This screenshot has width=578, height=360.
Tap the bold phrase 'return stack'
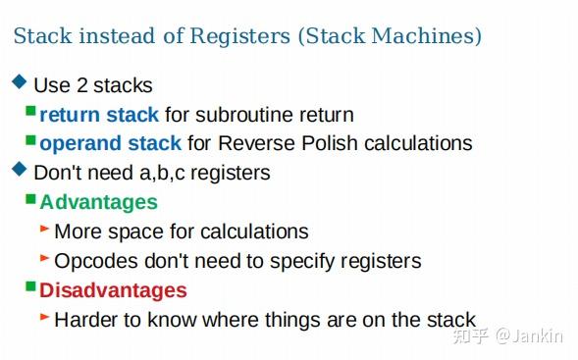pyautogui.click(x=99, y=115)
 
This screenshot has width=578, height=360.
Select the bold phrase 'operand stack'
pyautogui.click(x=110, y=143)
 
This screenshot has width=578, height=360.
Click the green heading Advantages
pyautogui.click(x=98, y=202)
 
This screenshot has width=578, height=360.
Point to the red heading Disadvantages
pyautogui.click(x=113, y=290)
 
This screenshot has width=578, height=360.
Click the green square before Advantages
pyautogui.click(x=30, y=200)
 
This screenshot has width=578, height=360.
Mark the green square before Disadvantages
pyautogui.click(x=30, y=287)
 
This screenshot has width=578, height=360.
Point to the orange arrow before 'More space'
pyautogui.click(x=45, y=229)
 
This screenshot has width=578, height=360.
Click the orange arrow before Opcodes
pyautogui.click(x=45, y=258)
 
